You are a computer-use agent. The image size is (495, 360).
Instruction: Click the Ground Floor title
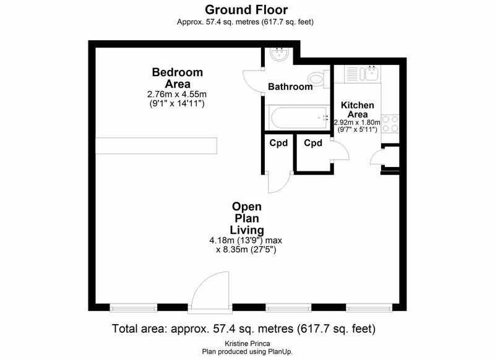[246, 10]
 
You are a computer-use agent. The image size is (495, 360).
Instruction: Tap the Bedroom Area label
[178, 78]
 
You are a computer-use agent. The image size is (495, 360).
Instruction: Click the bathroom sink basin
[279, 54]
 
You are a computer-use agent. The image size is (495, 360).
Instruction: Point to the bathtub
[298, 118]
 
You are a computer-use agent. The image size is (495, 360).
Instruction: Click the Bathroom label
[290, 87]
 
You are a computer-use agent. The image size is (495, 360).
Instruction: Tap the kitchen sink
[372, 74]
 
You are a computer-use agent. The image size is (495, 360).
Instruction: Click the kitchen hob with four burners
[390, 124]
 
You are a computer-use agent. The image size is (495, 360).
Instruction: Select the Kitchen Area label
[358, 109]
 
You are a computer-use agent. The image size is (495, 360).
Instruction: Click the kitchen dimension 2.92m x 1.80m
[357, 122]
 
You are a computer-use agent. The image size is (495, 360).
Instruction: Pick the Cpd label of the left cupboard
[278, 144]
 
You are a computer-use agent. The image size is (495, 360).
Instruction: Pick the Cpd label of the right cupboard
[313, 144]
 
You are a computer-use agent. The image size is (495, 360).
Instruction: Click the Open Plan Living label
[247, 218]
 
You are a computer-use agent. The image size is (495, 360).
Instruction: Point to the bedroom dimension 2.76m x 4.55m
[177, 94]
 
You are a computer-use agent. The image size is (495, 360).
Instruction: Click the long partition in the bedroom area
[157, 146]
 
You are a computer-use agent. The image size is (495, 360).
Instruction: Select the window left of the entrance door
[134, 307]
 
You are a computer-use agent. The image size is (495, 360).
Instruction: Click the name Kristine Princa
[247, 343]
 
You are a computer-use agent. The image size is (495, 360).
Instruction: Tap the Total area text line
[244, 329]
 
